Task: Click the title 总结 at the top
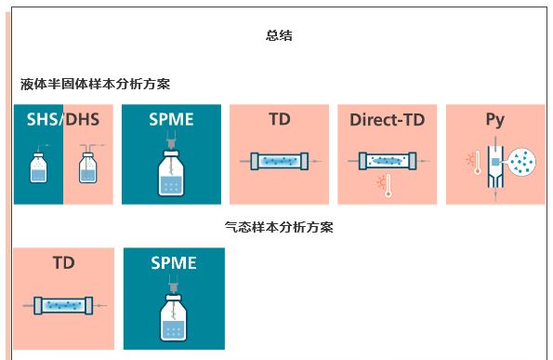pos(279,35)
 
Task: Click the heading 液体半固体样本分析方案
pos(95,84)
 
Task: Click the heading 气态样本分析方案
pos(279,227)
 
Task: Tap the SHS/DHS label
pos(63,119)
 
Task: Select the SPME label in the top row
pos(171,119)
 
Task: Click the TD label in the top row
pos(280,119)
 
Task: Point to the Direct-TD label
pos(388,120)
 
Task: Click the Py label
pos(495,120)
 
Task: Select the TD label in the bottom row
pos(64,263)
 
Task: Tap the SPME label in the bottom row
pos(174,263)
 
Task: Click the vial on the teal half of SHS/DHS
pos(38,167)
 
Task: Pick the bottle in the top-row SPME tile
pos(171,173)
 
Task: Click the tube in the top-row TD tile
pos(280,161)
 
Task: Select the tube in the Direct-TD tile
pos(388,161)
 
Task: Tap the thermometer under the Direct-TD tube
pos(388,185)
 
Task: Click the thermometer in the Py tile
pos(478,163)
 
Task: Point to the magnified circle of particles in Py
pos(522,162)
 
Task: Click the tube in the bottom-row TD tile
pos(63,306)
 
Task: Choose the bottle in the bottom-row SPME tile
pos(173,317)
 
